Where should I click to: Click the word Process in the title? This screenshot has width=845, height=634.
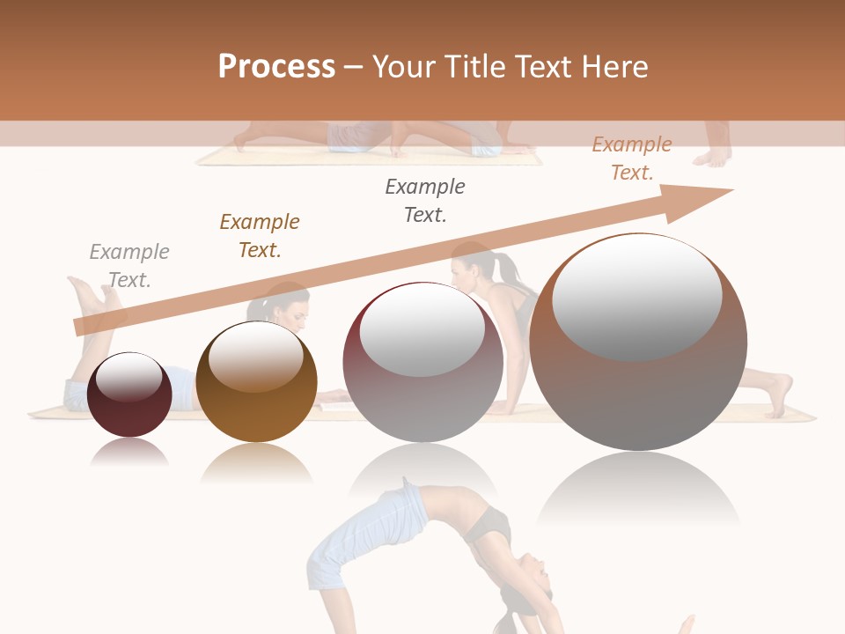pyautogui.click(x=276, y=67)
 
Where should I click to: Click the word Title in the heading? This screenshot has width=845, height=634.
pyautogui.click(x=472, y=67)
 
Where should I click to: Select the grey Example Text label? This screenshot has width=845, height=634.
pyautogui.click(x=129, y=266)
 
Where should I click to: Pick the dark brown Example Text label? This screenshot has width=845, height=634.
pyautogui.click(x=260, y=236)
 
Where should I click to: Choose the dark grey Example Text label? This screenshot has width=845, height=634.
pyautogui.click(x=425, y=201)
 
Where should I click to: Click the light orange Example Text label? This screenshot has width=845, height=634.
pyautogui.click(x=632, y=158)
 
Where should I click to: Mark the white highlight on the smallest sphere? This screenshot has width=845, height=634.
pyautogui.click(x=129, y=378)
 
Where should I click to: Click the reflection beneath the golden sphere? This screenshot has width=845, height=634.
pyautogui.click(x=256, y=462)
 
